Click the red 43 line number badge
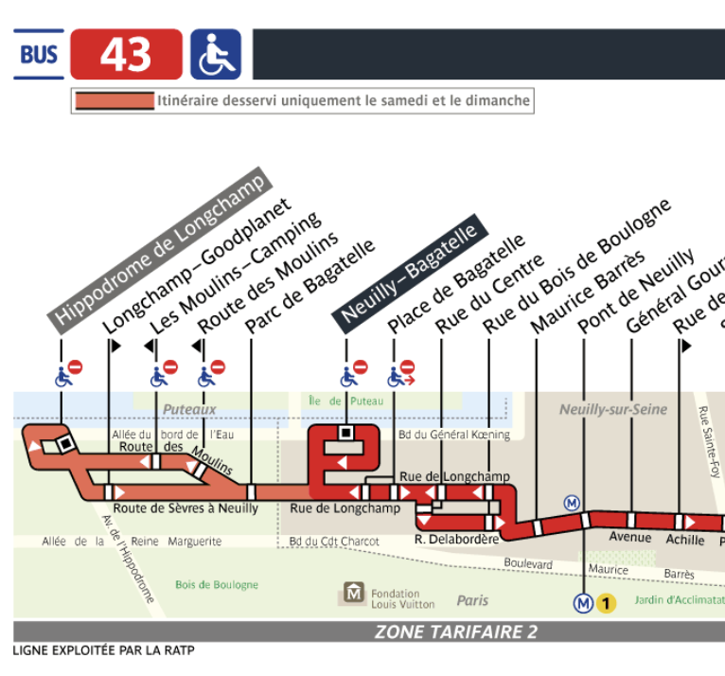[126, 54]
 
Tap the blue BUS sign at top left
[39, 54]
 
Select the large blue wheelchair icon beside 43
[216, 54]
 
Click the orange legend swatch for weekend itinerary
[115, 100]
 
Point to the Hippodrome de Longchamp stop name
[160, 251]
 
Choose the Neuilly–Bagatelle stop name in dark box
[410, 274]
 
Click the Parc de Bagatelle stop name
[309, 287]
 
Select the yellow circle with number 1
[606, 603]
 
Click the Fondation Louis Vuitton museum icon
[354, 593]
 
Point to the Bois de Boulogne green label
[217, 585]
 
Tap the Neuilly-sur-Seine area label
[613, 409]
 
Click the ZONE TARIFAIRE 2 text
[456, 632]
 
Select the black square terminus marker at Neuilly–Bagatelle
[345, 433]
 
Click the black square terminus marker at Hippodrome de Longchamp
[66, 444]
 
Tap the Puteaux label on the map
[189, 409]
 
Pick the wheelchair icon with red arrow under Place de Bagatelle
[401, 374]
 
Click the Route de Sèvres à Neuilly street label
[186, 508]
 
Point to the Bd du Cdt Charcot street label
[334, 542]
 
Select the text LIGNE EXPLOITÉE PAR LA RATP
[103, 650]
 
